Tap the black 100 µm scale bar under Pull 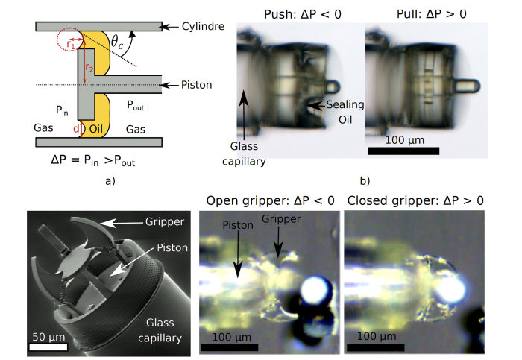403,150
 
